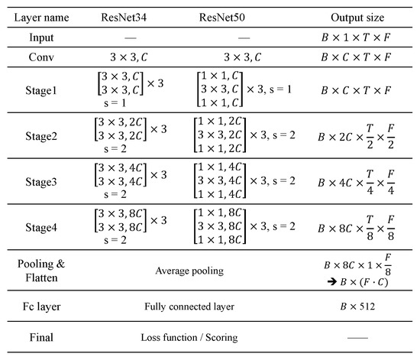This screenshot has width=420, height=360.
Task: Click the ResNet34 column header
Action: (x=129, y=15)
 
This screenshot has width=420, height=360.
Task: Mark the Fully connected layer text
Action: (x=187, y=306)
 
